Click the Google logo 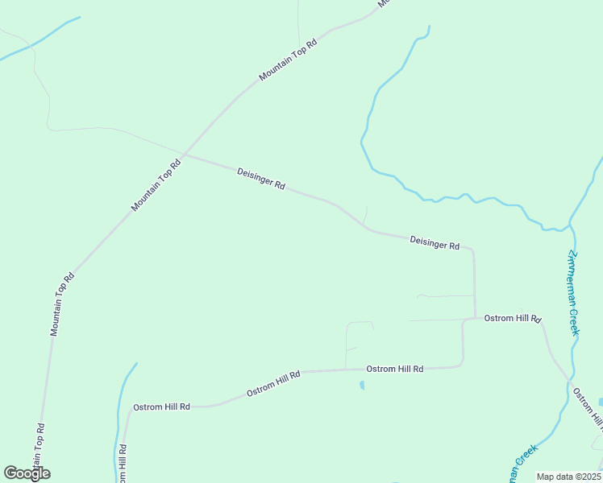27,473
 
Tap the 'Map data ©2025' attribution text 568,477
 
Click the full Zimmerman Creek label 573,292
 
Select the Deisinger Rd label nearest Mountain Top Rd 261,179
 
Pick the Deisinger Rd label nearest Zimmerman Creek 434,242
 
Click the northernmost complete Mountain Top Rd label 289,59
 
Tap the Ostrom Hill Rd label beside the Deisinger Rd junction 512,319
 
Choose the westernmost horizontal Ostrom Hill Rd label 161,407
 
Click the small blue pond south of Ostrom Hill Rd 362,386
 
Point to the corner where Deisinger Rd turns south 472,250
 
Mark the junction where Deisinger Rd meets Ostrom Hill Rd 475,319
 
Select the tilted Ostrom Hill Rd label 273,382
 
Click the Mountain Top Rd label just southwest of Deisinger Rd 156,185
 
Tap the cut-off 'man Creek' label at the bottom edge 521,465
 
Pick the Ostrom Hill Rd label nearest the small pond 394,369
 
